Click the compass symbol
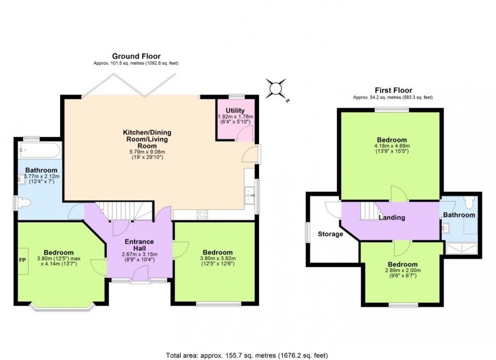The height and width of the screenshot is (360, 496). [x=277, y=88]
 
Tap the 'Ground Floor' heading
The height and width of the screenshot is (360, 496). [x=136, y=56]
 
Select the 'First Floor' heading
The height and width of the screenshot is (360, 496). [x=393, y=90]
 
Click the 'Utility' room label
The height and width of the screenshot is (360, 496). [x=235, y=111]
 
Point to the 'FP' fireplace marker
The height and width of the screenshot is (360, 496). [x=22, y=260]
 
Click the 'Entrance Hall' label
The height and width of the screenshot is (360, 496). [x=139, y=245]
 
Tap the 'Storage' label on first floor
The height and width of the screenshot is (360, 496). [x=330, y=235]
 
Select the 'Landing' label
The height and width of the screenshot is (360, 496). [x=392, y=218]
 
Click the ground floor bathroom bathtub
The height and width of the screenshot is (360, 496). [x=39, y=150]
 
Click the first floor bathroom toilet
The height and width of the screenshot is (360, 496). [x=468, y=202]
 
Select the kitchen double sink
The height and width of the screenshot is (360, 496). [x=249, y=195]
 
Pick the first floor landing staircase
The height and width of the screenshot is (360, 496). [x=369, y=211]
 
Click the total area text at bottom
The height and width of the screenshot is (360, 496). [x=247, y=355]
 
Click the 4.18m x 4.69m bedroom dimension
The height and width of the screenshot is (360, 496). [x=392, y=147]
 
